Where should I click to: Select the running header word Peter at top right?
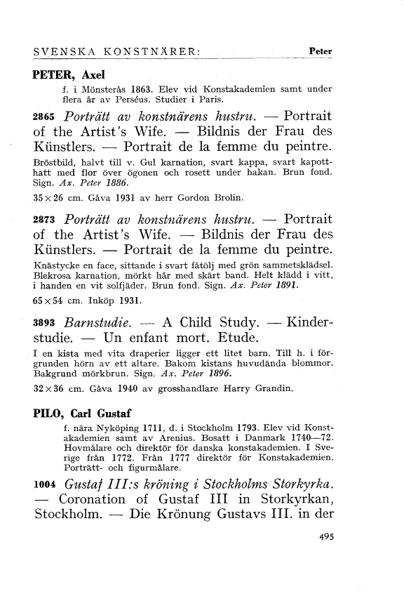(320, 51)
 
